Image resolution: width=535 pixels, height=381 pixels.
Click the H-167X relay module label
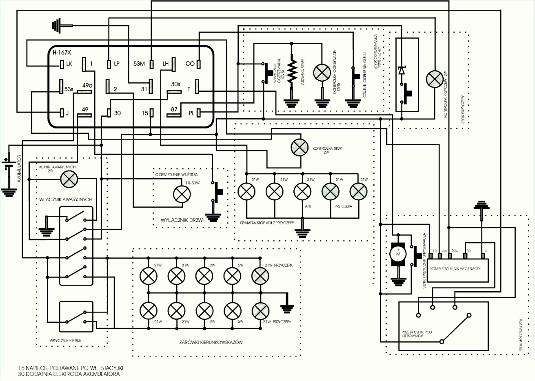pos(62,52)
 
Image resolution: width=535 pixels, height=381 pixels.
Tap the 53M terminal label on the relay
pos(139,64)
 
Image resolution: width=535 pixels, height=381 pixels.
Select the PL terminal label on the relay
pos(191,113)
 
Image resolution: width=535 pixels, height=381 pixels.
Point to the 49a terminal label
pos(87,85)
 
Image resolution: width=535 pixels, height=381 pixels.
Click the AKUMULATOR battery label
pos(19,168)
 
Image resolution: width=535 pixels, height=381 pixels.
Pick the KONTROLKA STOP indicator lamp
pos(300,147)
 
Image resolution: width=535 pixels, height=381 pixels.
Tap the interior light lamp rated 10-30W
pos(182,194)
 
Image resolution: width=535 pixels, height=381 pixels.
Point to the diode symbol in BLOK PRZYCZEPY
pos(402,71)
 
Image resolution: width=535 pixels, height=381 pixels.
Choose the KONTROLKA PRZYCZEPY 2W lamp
pos(434,78)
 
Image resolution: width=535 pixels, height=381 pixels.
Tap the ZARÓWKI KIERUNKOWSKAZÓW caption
pos(211,342)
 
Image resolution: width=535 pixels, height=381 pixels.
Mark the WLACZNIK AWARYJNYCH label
pos(66,199)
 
